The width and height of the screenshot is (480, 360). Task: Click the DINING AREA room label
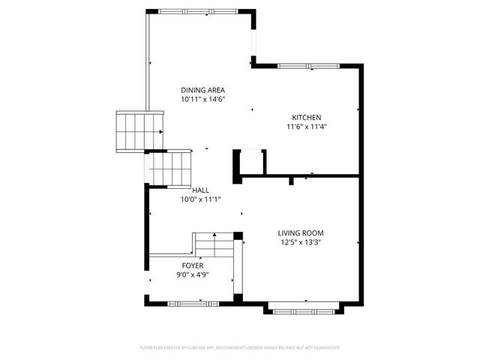(x=202, y=90)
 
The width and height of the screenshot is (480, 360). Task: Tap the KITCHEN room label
(x=307, y=118)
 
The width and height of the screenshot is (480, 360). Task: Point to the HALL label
(x=200, y=190)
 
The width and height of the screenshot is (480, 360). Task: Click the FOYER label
(x=193, y=265)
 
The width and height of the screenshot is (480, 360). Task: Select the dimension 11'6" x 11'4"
(x=307, y=127)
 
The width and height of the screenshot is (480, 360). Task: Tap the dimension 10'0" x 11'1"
(x=199, y=199)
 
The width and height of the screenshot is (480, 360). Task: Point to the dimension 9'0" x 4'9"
(x=193, y=274)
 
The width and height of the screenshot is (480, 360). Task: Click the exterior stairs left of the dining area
(x=139, y=130)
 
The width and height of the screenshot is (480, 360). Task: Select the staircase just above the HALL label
(x=171, y=168)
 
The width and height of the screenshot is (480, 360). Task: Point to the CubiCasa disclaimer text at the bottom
(x=240, y=348)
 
